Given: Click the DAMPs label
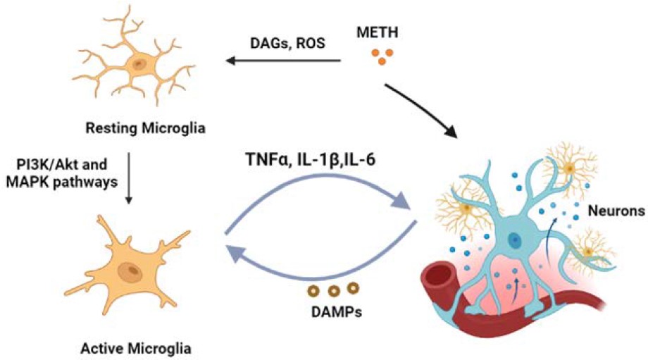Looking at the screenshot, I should pyautogui.click(x=332, y=311).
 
